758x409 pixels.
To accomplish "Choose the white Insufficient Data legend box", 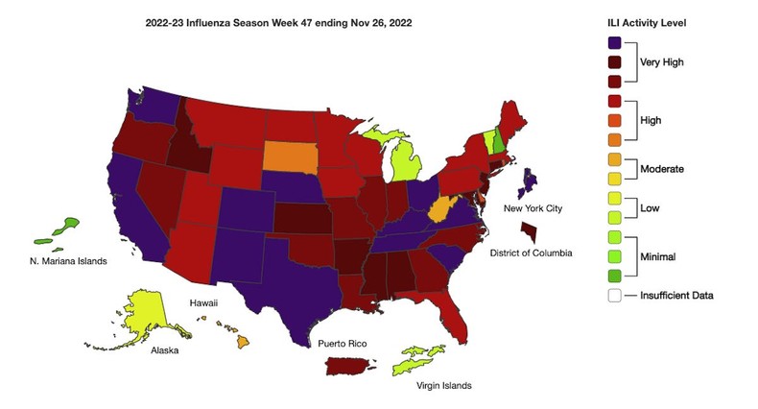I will pyautogui.click(x=615, y=296).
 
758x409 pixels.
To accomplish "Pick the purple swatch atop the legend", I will pyautogui.click(x=615, y=42).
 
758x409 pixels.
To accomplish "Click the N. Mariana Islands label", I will pyautogui.click(x=66, y=260).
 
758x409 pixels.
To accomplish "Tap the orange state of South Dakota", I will pyautogui.click(x=292, y=155).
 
